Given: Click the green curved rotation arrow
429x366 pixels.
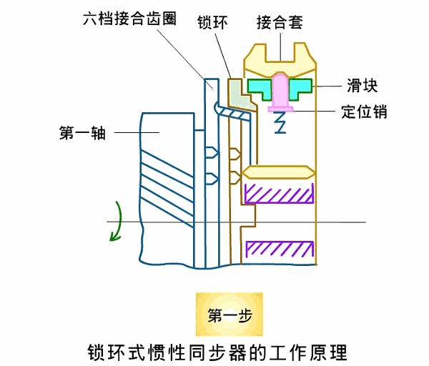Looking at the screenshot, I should pos(116,222).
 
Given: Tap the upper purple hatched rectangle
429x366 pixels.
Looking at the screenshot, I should pos(280,193).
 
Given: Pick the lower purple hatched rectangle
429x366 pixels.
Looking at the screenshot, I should pos(280,249).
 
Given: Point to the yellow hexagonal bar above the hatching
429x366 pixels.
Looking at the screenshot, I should pos(279,172).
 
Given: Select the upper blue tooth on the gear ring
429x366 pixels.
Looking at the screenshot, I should pos(209,152).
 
